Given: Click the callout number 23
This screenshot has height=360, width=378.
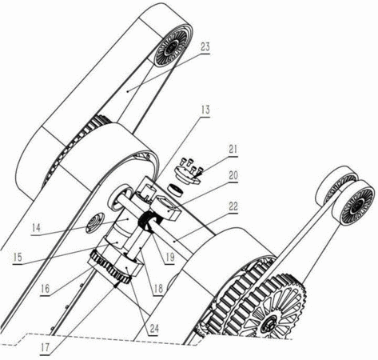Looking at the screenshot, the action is (x=205, y=47).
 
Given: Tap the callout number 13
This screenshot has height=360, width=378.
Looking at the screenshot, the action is (x=205, y=110).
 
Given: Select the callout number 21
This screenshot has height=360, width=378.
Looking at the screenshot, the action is (x=233, y=150).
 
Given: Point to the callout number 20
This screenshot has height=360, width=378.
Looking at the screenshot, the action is (x=233, y=175).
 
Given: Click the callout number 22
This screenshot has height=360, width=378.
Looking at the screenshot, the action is (x=233, y=206).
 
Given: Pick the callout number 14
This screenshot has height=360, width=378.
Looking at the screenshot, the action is (x=36, y=228).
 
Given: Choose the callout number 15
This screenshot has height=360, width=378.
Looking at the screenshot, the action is (x=18, y=258).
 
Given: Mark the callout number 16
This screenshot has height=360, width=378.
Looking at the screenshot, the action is (x=46, y=289).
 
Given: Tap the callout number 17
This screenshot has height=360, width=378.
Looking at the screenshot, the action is (x=46, y=347).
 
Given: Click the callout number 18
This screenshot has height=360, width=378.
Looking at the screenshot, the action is (x=158, y=288).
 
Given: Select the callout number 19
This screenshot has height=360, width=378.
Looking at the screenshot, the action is (x=170, y=257).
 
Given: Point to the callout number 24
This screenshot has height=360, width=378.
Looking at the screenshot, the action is (x=154, y=329).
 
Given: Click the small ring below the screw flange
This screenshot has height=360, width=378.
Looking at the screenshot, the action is (x=176, y=190).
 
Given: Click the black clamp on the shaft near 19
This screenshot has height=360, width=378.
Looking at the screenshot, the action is (x=149, y=220).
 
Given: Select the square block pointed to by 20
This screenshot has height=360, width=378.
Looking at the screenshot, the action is (x=166, y=207).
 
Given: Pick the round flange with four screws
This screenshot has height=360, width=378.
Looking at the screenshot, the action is (x=187, y=174).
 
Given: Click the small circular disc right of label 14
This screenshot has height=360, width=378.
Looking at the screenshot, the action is (x=94, y=223).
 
